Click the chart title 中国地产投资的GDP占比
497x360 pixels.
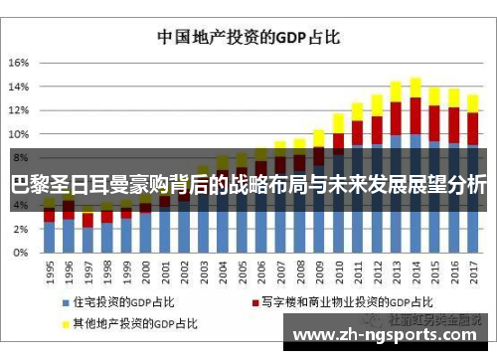(248, 37)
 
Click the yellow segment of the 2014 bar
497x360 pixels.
(414, 88)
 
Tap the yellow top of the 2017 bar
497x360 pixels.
(472, 101)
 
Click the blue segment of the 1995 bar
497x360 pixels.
(49, 237)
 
